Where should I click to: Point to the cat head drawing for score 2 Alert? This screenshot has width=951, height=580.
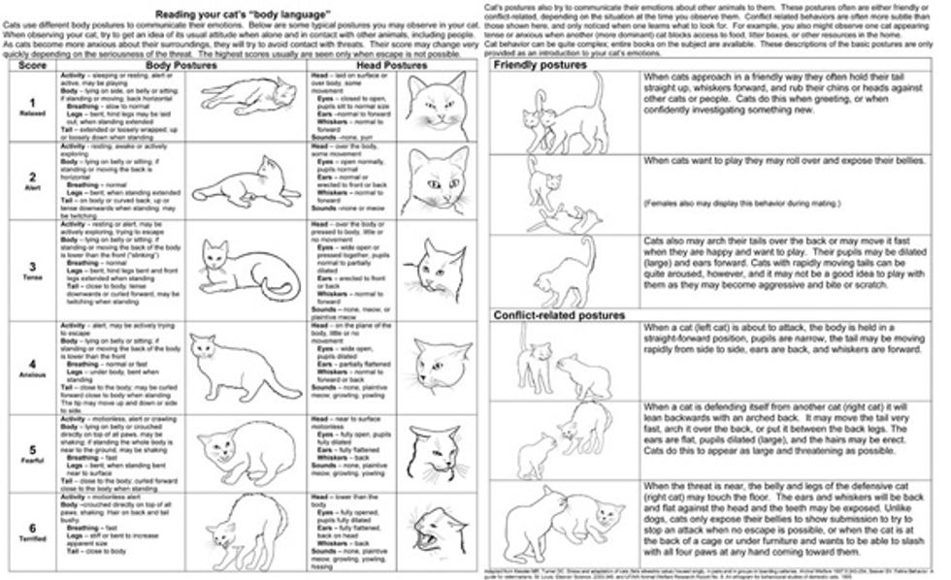tap(431, 180)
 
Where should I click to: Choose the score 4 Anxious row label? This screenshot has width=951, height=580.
tap(33, 367)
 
